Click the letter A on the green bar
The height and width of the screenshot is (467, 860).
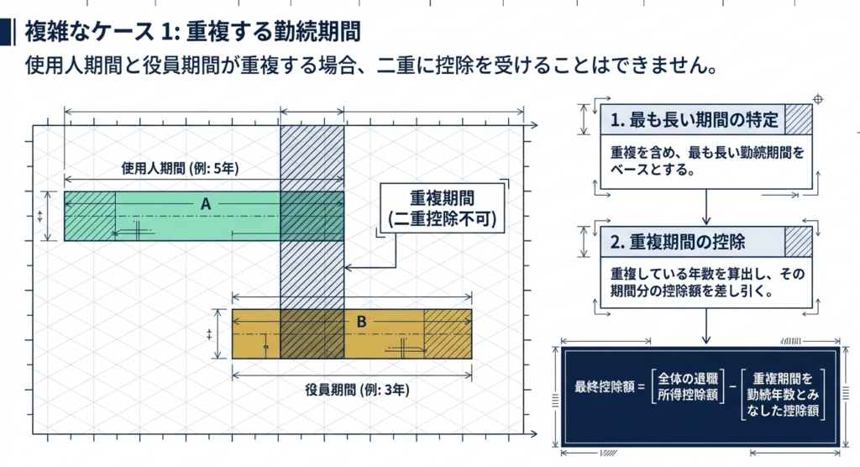click(206, 203)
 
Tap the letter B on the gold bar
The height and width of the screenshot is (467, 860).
click(361, 321)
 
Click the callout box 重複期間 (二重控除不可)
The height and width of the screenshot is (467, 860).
click(443, 209)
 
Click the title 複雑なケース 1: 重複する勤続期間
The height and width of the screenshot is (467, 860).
click(193, 32)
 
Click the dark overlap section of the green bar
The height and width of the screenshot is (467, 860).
click(312, 216)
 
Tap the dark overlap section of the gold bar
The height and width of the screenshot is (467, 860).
click(312, 334)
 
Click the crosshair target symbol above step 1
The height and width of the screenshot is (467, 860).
click(819, 100)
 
